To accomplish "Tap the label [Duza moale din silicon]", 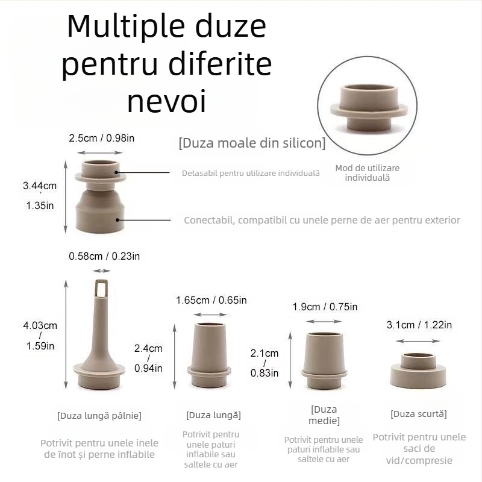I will point(252,143).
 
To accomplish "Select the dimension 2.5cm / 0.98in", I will point(102,138).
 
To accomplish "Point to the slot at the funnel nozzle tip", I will point(102,289).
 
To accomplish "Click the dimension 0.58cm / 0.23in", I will point(104,256).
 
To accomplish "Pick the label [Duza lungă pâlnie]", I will point(99,415).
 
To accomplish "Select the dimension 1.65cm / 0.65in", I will point(211,300).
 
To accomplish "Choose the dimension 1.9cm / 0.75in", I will point(325,307).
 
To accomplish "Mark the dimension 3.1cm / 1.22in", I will point(419,325).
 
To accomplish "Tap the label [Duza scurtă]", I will point(419,414).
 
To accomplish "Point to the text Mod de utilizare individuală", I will point(367,173).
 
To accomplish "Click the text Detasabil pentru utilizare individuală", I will point(251,174).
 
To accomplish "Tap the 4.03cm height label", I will point(40,325).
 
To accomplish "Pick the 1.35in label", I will point(40,205).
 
